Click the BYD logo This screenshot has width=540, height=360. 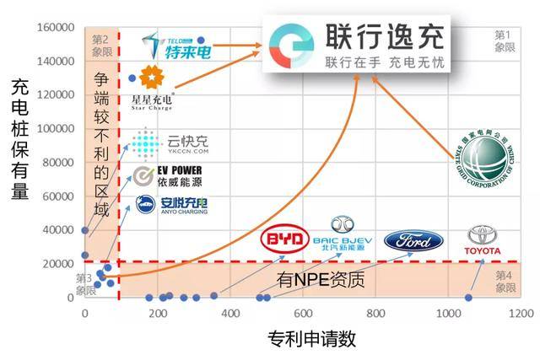tap(285, 240)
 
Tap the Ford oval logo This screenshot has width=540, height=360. tap(413, 240)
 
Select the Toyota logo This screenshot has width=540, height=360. tap(483, 240)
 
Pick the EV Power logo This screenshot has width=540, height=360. tap(168, 176)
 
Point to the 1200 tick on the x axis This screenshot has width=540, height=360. tap(520, 314)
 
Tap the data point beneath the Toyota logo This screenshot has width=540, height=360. tap(468, 297)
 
